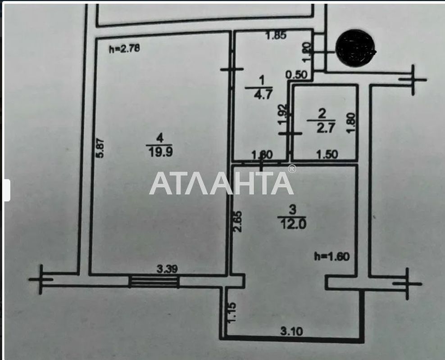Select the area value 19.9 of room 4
click(160, 152)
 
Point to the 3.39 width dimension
click(167, 269)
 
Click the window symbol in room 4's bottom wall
click(154, 282)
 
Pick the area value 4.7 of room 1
click(261, 95)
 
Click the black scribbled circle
click(355, 46)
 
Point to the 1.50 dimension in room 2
click(327, 155)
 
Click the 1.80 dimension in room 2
click(352, 122)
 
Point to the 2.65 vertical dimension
click(239, 221)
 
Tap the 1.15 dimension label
click(232, 311)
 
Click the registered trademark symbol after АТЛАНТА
click(292, 169)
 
